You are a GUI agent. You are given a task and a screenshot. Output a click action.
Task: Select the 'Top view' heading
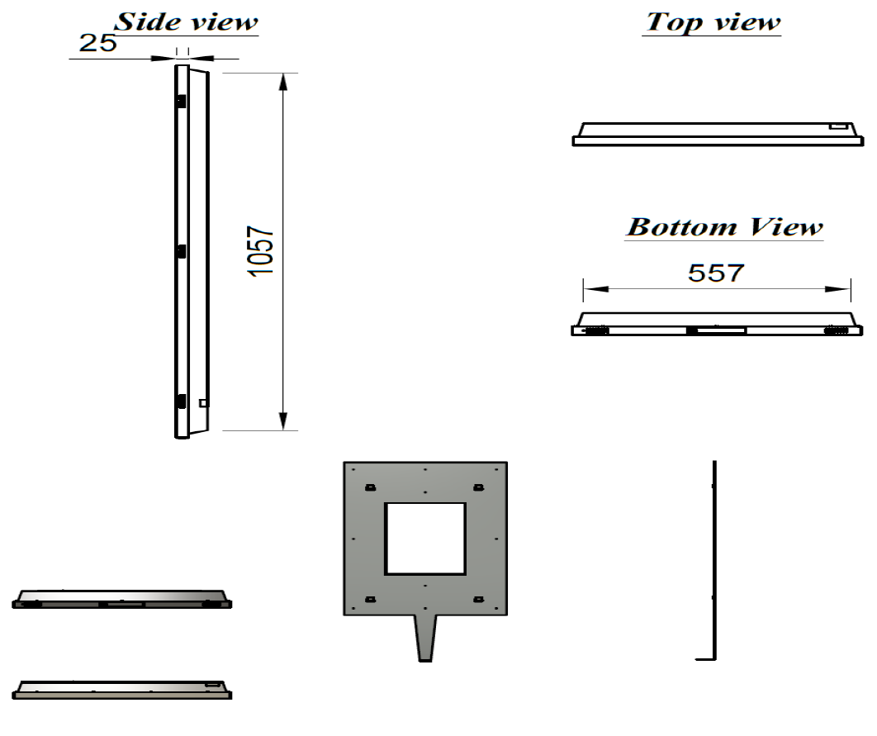714,22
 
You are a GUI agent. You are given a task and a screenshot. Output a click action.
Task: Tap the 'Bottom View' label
724,226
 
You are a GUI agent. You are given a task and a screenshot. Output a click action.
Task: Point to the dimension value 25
97,44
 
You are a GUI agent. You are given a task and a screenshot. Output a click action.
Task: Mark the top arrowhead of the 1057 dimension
283,82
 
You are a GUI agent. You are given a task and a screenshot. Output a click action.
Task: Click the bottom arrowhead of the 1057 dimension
283,421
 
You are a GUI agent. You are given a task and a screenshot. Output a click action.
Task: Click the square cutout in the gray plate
424,539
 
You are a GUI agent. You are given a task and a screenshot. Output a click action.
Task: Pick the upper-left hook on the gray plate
370,487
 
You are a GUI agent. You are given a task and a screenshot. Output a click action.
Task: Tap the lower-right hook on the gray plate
478,598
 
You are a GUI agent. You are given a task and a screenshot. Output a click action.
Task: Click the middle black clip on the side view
180,249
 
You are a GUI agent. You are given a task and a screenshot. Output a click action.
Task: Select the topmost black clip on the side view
180,100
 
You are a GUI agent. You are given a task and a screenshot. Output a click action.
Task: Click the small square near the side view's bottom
203,403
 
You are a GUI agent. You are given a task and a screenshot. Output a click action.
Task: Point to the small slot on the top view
839,127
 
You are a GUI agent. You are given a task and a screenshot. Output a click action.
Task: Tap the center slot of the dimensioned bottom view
718,330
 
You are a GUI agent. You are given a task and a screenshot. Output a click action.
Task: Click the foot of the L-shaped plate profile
704,658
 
